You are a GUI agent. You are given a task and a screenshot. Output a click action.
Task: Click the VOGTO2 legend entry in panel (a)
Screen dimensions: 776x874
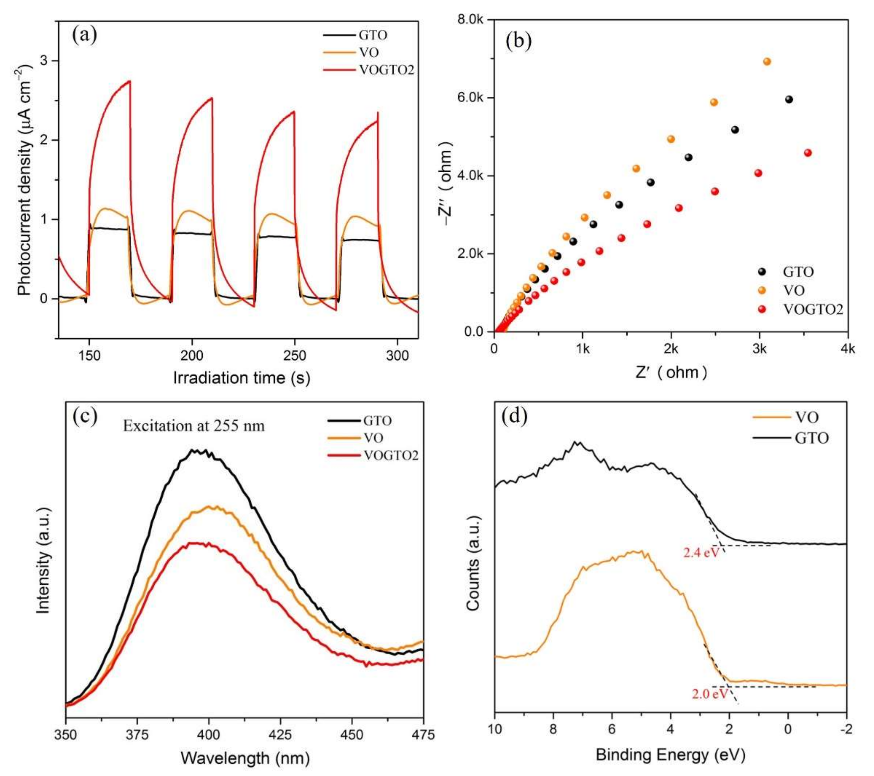(386, 70)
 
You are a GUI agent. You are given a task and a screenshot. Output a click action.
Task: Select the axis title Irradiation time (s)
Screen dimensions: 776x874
(241, 378)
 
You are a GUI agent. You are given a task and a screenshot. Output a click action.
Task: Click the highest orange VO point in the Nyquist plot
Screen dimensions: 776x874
(767, 61)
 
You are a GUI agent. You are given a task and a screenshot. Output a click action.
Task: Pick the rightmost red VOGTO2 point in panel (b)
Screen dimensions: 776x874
(807, 153)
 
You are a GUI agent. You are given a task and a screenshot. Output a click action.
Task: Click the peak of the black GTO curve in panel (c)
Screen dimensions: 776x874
(194, 450)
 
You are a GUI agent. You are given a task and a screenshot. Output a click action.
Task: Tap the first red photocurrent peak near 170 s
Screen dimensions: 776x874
(129, 81)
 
